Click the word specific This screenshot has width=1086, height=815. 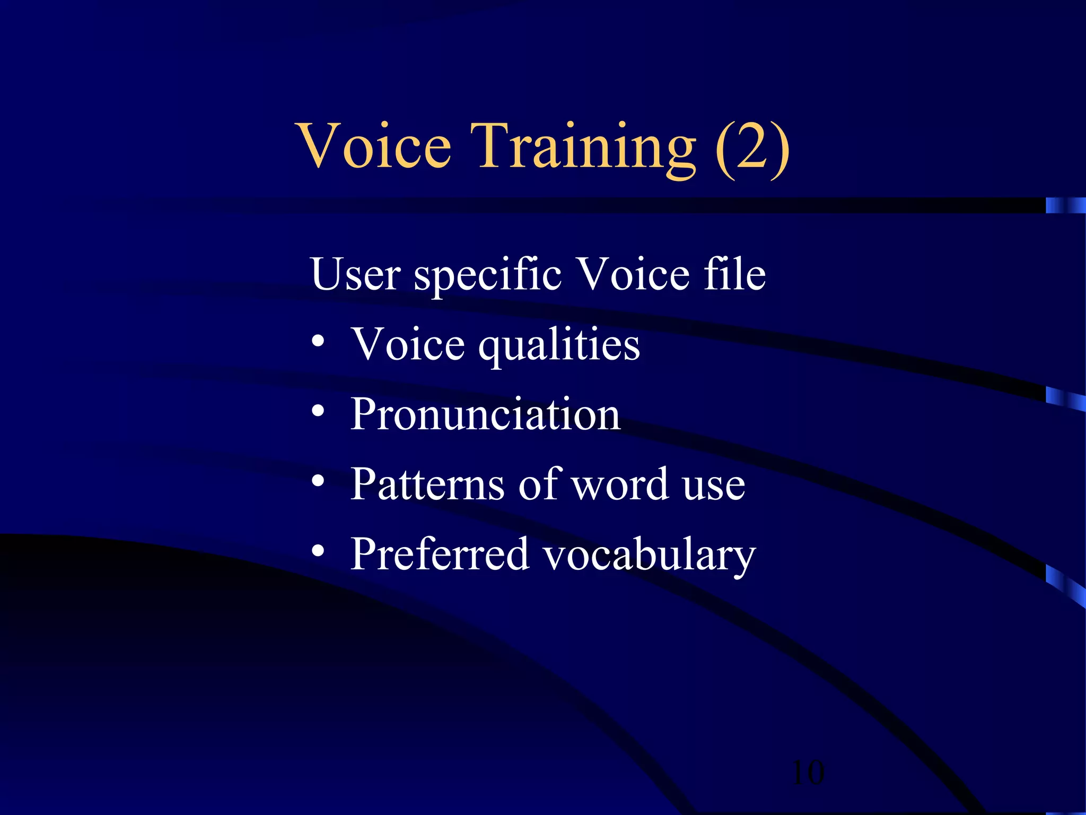point(487,276)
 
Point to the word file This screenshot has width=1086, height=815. point(734,274)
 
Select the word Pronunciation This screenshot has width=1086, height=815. point(485,414)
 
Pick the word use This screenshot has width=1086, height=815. point(714,486)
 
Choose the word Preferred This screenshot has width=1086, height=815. point(440,554)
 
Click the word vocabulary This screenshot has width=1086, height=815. point(649,556)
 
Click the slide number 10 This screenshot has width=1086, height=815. point(808,773)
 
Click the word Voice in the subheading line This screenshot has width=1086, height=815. point(633,274)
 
